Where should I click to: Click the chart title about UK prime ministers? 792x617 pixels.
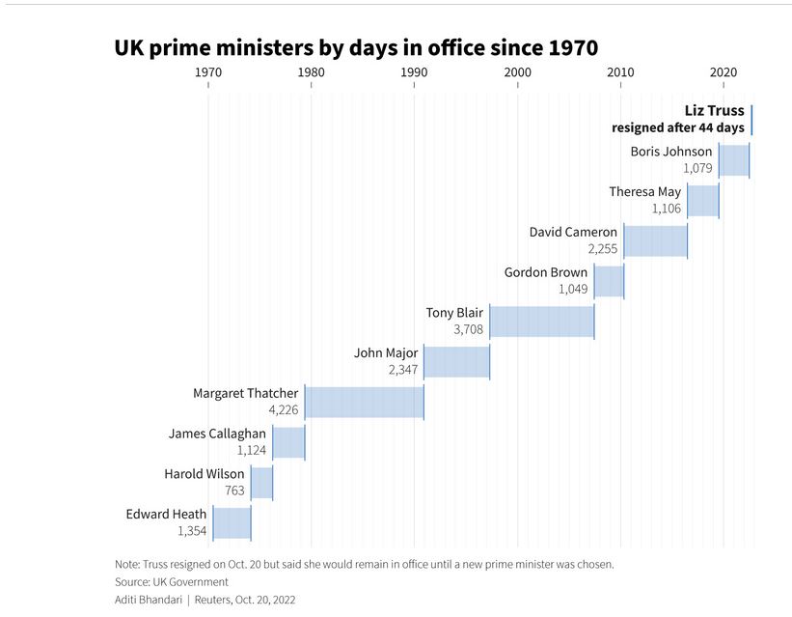pyautogui.click(x=356, y=47)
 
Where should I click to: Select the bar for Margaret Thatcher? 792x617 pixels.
pyautogui.click(x=365, y=402)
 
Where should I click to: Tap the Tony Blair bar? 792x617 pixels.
pyautogui.click(x=542, y=321)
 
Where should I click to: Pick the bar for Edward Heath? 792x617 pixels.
pyautogui.click(x=232, y=522)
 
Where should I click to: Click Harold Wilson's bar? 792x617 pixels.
pyautogui.click(x=262, y=482)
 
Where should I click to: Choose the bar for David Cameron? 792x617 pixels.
pyautogui.click(x=655, y=240)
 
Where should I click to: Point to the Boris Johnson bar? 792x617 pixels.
pyautogui.click(x=734, y=159)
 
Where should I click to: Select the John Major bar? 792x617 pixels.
pyautogui.click(x=457, y=361)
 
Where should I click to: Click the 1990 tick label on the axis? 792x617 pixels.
pyautogui.click(x=414, y=72)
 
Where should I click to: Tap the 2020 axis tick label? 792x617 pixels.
pyautogui.click(x=724, y=72)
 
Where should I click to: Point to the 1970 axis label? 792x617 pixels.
pyautogui.click(x=207, y=72)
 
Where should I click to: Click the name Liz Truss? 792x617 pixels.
pyautogui.click(x=714, y=111)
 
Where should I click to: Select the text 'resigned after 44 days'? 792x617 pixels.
pyautogui.click(x=678, y=127)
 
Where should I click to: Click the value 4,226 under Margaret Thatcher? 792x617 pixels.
pyautogui.click(x=284, y=409)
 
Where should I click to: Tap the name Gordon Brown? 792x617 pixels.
pyautogui.click(x=546, y=272)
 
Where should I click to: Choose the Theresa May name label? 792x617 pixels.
pyautogui.click(x=644, y=191)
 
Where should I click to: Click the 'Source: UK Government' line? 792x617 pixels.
pyautogui.click(x=172, y=581)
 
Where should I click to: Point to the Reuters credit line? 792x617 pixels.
pyautogui.click(x=205, y=600)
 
